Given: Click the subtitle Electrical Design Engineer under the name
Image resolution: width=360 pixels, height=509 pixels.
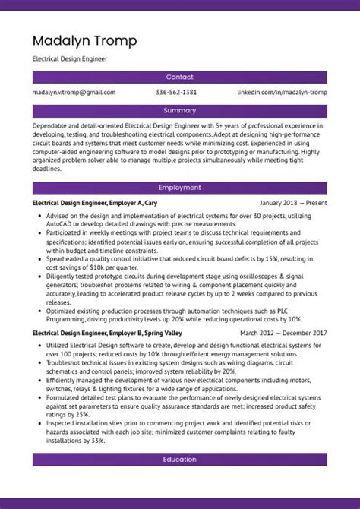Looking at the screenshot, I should (69, 58).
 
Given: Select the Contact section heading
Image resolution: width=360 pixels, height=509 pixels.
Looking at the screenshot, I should (179, 77).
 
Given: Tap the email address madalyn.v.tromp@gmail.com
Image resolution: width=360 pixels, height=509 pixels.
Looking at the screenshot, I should (74, 92).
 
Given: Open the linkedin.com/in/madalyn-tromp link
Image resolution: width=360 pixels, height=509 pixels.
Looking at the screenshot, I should (282, 92).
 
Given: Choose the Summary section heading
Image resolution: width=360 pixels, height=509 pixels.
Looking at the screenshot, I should (179, 110).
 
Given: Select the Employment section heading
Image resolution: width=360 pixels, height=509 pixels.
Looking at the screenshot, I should (179, 188).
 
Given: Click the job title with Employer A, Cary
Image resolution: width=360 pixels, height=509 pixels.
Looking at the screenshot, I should (95, 204).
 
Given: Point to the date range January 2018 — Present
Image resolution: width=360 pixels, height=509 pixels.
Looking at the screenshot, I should (293, 204).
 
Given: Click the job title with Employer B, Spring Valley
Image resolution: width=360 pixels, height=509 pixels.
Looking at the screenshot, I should (107, 333).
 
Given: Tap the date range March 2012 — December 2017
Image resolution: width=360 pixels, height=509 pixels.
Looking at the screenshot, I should (283, 333).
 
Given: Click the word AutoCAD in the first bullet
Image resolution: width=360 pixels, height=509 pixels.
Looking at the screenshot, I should (60, 225).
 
